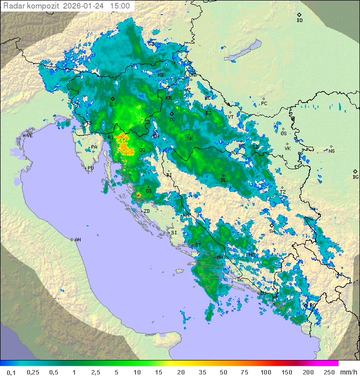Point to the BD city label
pos(299,21)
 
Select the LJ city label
pos(113,105)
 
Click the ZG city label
pos(172,120)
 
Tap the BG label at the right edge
pos(355,177)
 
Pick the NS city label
pos(331,151)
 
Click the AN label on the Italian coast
pos(77,240)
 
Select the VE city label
pos(29,136)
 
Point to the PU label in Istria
pos(90,169)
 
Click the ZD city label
pos(146,211)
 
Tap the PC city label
pos(264,104)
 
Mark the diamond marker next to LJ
pos(112,99)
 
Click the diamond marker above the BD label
pos(299,15)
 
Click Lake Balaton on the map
pos(242,51)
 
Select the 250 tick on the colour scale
pos(328,372)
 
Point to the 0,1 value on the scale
pos(11,372)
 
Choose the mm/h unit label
pos(347,372)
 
